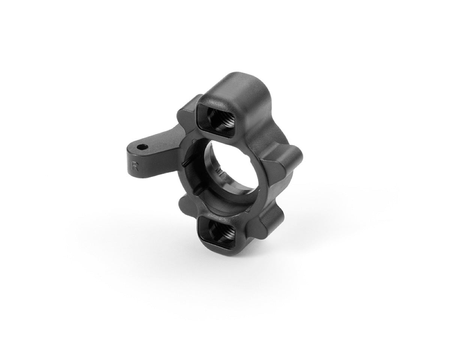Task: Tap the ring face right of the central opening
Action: click(x=262, y=180)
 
